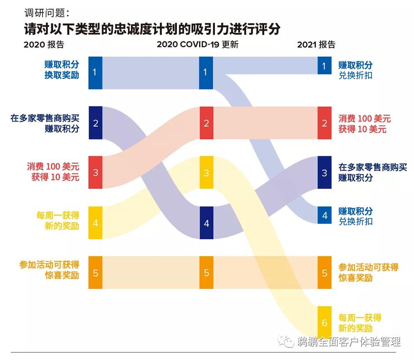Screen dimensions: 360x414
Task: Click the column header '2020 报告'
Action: (44, 45)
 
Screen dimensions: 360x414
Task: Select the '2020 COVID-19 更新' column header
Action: (197, 45)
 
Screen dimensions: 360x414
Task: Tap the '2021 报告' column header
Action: (316, 45)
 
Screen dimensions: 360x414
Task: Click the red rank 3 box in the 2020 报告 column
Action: (95, 172)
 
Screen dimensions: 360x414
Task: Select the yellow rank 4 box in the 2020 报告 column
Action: (95, 223)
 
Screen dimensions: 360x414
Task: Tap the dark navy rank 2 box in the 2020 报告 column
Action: (95, 123)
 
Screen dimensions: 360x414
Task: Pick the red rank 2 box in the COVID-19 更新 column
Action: (206, 123)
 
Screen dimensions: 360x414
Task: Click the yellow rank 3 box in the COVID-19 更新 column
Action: (206, 172)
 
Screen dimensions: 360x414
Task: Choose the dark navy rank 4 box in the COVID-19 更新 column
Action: (206, 223)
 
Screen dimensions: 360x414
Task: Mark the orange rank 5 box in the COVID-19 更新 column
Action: (206, 273)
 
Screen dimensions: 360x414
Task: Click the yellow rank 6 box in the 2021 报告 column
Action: (325, 322)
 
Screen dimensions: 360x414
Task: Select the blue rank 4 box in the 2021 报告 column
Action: (325, 216)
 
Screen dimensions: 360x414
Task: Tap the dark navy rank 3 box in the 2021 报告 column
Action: (325, 172)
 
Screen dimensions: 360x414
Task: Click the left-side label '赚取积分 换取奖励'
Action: (62, 70)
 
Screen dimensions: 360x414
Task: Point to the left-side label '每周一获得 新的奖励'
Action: (58, 221)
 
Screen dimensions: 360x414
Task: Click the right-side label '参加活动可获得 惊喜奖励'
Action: (368, 272)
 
